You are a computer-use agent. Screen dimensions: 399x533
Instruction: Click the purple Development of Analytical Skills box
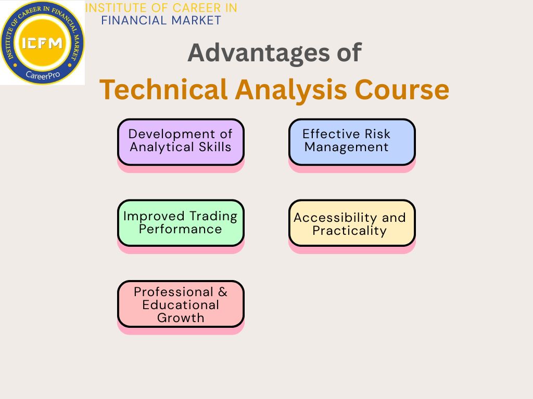(181, 141)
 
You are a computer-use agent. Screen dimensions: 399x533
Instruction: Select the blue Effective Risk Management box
(352, 141)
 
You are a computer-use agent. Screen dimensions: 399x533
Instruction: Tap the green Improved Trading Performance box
(181, 222)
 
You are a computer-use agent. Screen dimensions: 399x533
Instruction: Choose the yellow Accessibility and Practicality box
(352, 223)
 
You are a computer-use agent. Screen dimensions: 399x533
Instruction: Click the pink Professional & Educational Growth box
(181, 304)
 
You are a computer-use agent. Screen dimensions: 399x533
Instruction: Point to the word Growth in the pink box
(181, 317)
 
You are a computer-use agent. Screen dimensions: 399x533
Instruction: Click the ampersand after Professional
(223, 292)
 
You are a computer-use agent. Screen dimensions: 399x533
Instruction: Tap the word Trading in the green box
(213, 216)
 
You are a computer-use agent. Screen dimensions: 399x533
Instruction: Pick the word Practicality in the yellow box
(350, 231)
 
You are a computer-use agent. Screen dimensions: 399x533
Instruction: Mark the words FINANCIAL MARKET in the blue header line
(161, 21)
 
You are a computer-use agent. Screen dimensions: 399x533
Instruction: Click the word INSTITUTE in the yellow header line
(113, 8)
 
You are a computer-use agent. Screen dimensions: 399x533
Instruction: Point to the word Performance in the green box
(180, 229)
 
